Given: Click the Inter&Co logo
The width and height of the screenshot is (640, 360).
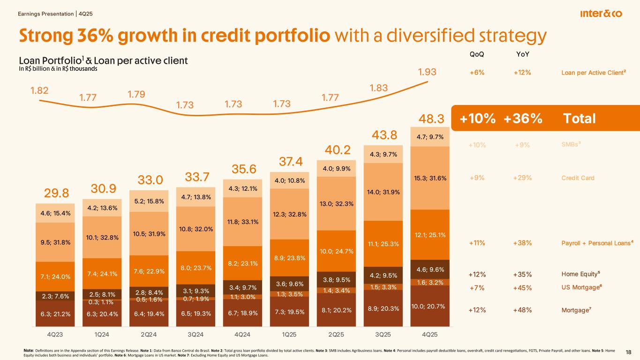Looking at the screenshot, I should pyautogui.click(x=601, y=14).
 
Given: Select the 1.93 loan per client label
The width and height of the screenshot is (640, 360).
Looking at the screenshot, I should pyautogui.click(x=427, y=73).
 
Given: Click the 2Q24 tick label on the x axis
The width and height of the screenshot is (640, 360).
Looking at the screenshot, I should pyautogui.click(x=149, y=334).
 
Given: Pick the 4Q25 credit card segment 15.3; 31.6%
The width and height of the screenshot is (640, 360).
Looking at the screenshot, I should pyautogui.click(x=429, y=178).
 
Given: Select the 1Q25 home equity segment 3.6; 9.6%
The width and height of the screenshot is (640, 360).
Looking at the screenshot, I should pyautogui.click(x=289, y=283).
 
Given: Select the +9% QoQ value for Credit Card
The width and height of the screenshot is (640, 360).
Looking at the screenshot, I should pyautogui.click(x=477, y=178).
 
